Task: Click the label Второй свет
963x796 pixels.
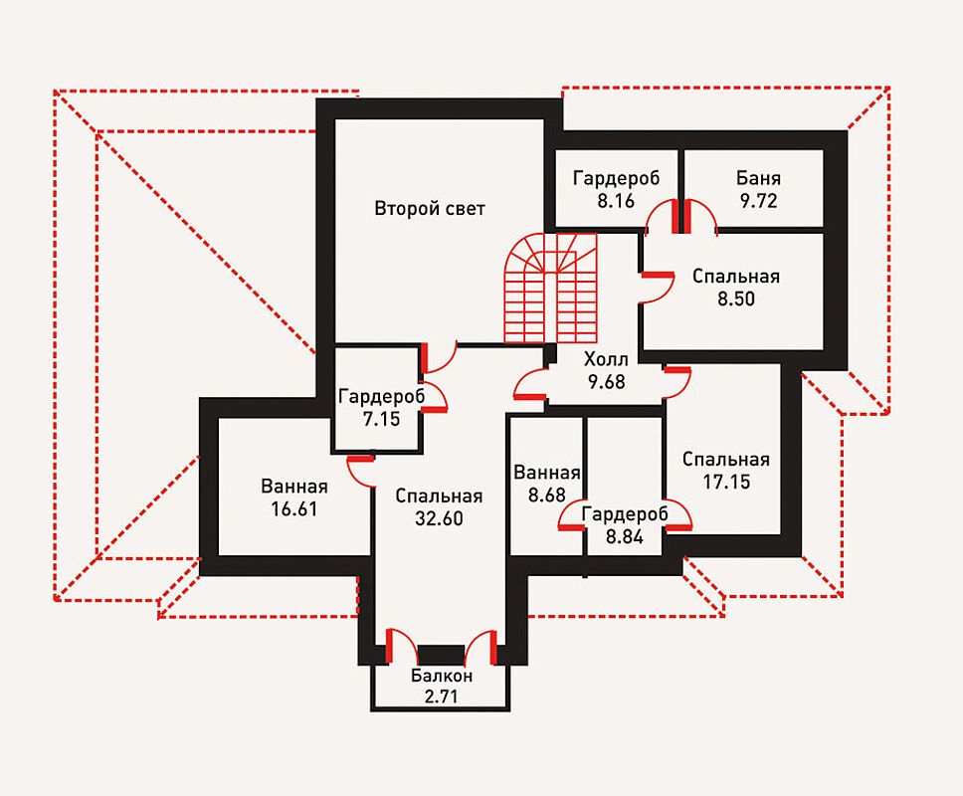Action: [x=430, y=209]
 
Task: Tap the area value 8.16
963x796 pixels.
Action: [x=616, y=200]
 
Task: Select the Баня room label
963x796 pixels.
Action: [x=758, y=179]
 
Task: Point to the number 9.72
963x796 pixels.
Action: [x=758, y=200]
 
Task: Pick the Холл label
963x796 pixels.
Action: [x=606, y=359]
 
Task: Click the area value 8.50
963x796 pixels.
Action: [x=736, y=298]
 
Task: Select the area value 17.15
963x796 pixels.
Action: [x=726, y=482]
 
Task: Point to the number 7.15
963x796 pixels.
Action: [x=381, y=419]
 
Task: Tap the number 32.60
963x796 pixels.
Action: [x=438, y=518]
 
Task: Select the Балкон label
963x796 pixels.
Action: [x=441, y=677]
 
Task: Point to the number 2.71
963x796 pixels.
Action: [x=441, y=696]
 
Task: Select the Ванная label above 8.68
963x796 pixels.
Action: [x=545, y=474]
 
